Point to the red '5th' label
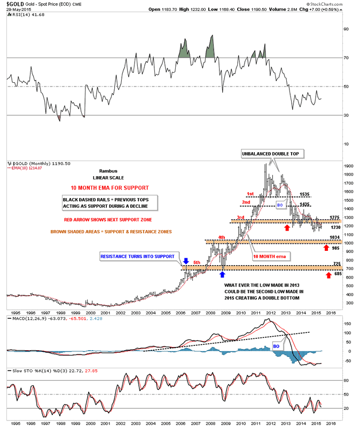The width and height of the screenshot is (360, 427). click(198, 262)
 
